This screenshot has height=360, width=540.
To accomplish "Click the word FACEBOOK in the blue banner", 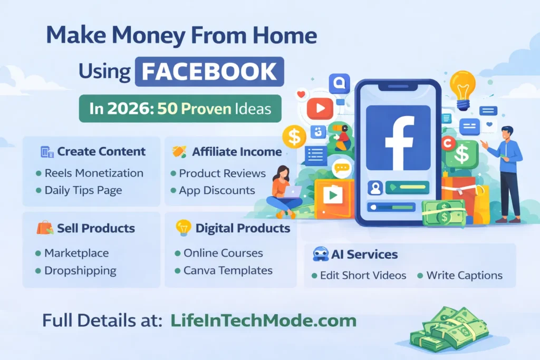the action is [209, 71].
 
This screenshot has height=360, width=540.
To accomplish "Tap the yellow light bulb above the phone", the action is [463, 90].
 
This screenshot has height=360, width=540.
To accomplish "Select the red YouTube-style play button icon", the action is [320, 109].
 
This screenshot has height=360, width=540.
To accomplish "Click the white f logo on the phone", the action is [399, 142].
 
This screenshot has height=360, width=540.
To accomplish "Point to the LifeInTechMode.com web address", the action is [264, 320].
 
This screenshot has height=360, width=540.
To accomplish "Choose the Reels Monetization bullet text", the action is [94, 173].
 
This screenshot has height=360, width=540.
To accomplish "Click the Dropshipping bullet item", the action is [80, 271].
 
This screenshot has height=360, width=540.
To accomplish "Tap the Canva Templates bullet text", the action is [228, 270].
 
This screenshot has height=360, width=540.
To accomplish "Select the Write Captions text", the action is [465, 275].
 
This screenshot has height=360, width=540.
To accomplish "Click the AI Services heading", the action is [364, 255].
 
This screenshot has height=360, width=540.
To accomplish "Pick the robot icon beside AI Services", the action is [321, 254].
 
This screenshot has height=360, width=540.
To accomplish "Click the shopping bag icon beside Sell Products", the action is [45, 228].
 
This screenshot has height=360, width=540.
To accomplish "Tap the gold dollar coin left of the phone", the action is [294, 137].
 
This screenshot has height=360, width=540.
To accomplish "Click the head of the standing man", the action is [507, 132].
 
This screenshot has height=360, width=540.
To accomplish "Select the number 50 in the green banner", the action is [167, 109].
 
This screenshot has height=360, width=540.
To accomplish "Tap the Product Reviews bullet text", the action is [223, 173].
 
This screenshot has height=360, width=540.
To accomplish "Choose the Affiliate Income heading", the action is [237, 151].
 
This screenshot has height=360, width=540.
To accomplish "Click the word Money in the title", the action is [149, 36].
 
